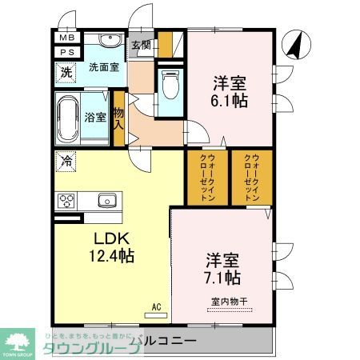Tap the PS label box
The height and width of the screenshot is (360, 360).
pos(66,53)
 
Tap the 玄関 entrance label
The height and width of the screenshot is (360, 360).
pos(141,46)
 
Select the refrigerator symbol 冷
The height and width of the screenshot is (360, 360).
pos(66,161)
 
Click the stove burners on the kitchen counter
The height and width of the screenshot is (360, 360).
pos(66,200)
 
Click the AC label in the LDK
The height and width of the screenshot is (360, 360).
pos(156,305)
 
